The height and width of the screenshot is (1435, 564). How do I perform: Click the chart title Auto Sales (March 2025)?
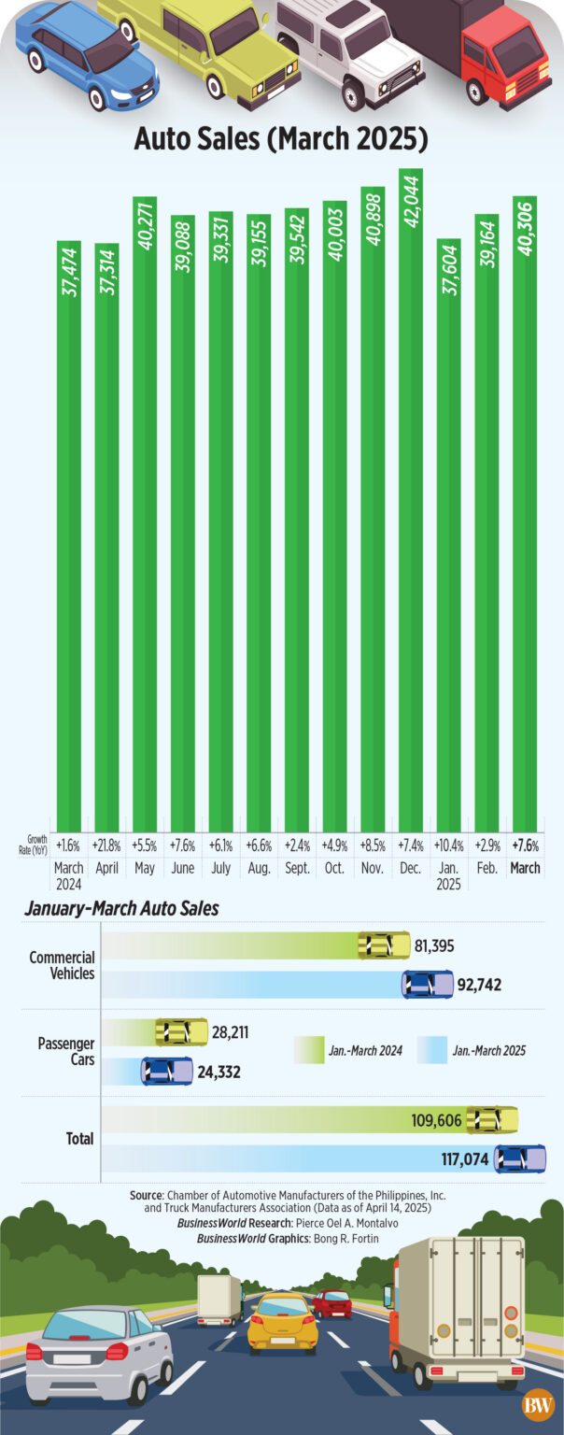pos(281,139)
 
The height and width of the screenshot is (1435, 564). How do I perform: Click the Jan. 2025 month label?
pos(448,875)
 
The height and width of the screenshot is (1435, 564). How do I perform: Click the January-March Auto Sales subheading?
pos(121,908)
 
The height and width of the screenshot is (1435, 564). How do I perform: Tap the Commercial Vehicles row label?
pos(62,965)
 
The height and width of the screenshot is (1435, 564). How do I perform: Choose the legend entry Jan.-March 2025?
pos(488,1051)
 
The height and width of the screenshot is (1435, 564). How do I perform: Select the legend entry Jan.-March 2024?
pos(365,1051)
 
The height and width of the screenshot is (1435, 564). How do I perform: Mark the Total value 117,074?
pos(461,1159)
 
